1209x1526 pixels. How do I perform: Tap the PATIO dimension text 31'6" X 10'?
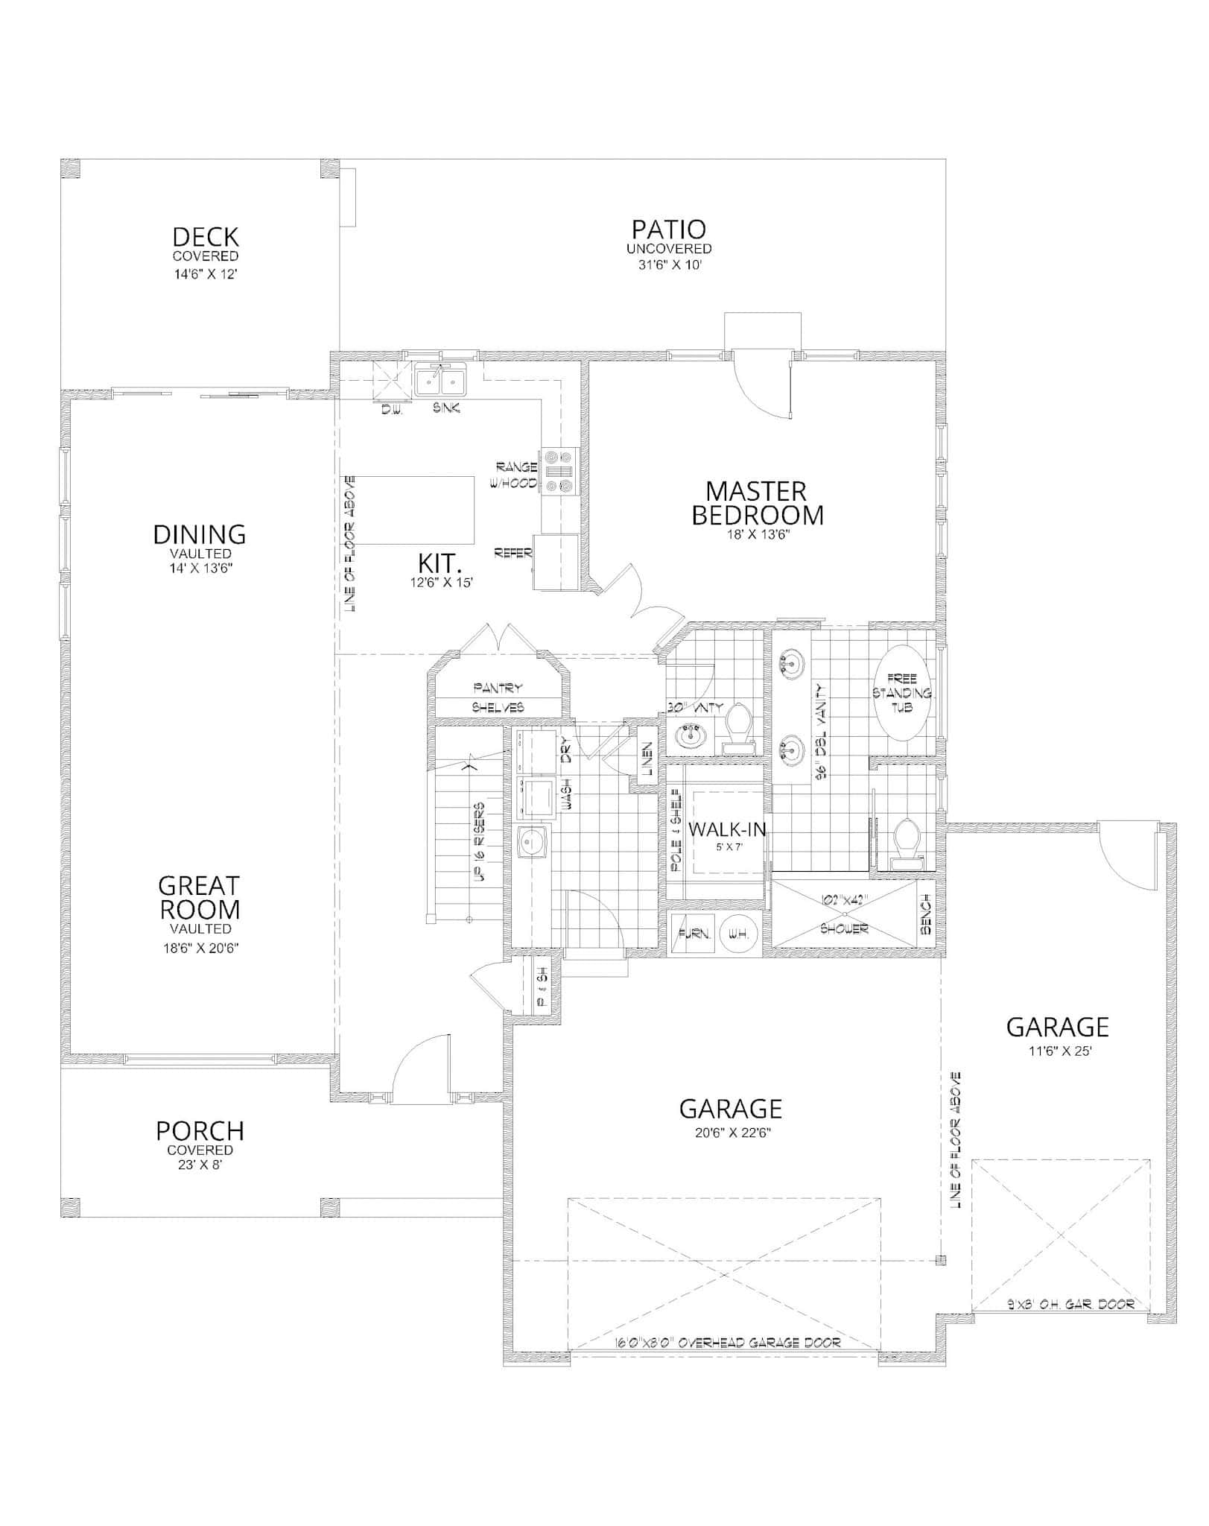(x=669, y=265)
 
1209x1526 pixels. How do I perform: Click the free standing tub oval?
(x=901, y=693)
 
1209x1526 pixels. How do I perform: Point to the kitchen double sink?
(x=440, y=382)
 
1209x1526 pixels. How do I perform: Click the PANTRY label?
(x=498, y=688)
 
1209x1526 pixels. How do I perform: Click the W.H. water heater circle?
(x=740, y=934)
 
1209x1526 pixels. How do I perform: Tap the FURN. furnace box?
(x=692, y=934)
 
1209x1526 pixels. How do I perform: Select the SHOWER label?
(x=844, y=929)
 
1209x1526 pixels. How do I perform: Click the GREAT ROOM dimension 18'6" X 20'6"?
(x=200, y=949)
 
